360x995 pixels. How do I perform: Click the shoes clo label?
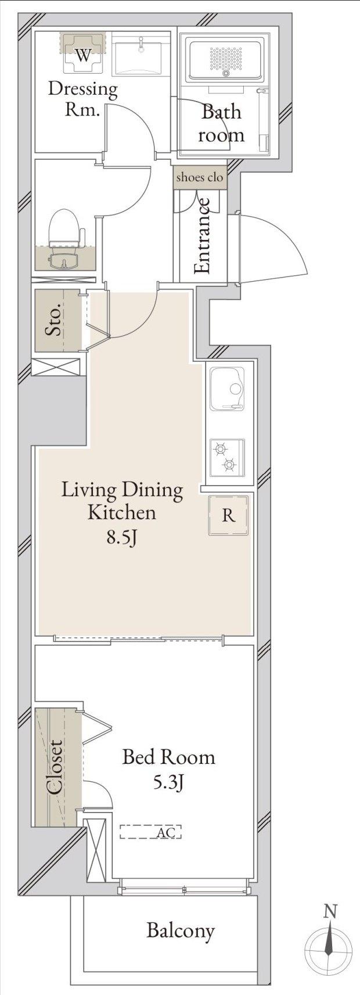click(x=200, y=178)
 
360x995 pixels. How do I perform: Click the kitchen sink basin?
click(x=227, y=390)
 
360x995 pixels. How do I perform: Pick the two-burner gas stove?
click(x=227, y=458)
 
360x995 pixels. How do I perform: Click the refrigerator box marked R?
click(x=229, y=515)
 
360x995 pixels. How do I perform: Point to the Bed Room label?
click(x=169, y=757)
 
